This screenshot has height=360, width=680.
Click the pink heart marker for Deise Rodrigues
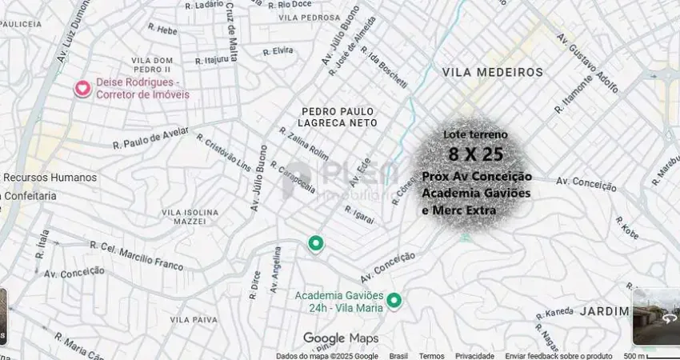point(82,88)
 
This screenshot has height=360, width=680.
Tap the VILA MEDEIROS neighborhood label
point(492,73)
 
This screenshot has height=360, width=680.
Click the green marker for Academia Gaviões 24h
point(394,301)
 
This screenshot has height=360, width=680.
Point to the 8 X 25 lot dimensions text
point(476,154)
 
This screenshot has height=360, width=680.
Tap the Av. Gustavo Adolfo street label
point(593,62)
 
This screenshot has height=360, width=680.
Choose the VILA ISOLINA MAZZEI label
point(190,217)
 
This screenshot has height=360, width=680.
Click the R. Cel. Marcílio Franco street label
point(136,254)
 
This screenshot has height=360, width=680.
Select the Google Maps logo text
point(341,338)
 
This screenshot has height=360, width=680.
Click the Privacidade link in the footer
point(474,356)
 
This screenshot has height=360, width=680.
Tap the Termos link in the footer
point(432,356)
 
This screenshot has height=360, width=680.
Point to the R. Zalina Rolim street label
point(303,142)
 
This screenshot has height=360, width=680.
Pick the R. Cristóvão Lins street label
point(223,152)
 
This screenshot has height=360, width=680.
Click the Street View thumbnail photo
point(656,317)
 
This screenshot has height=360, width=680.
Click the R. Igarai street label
point(359,214)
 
